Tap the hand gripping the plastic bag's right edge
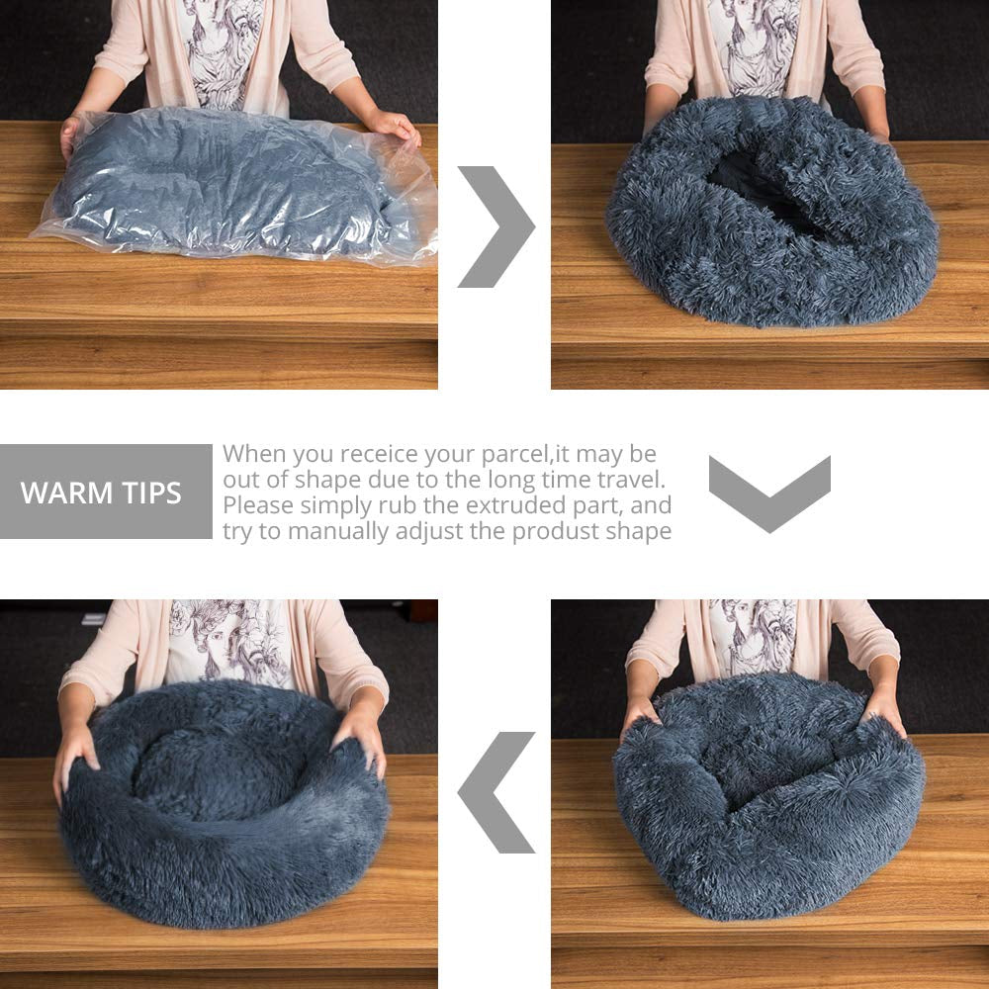tap(395, 126)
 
